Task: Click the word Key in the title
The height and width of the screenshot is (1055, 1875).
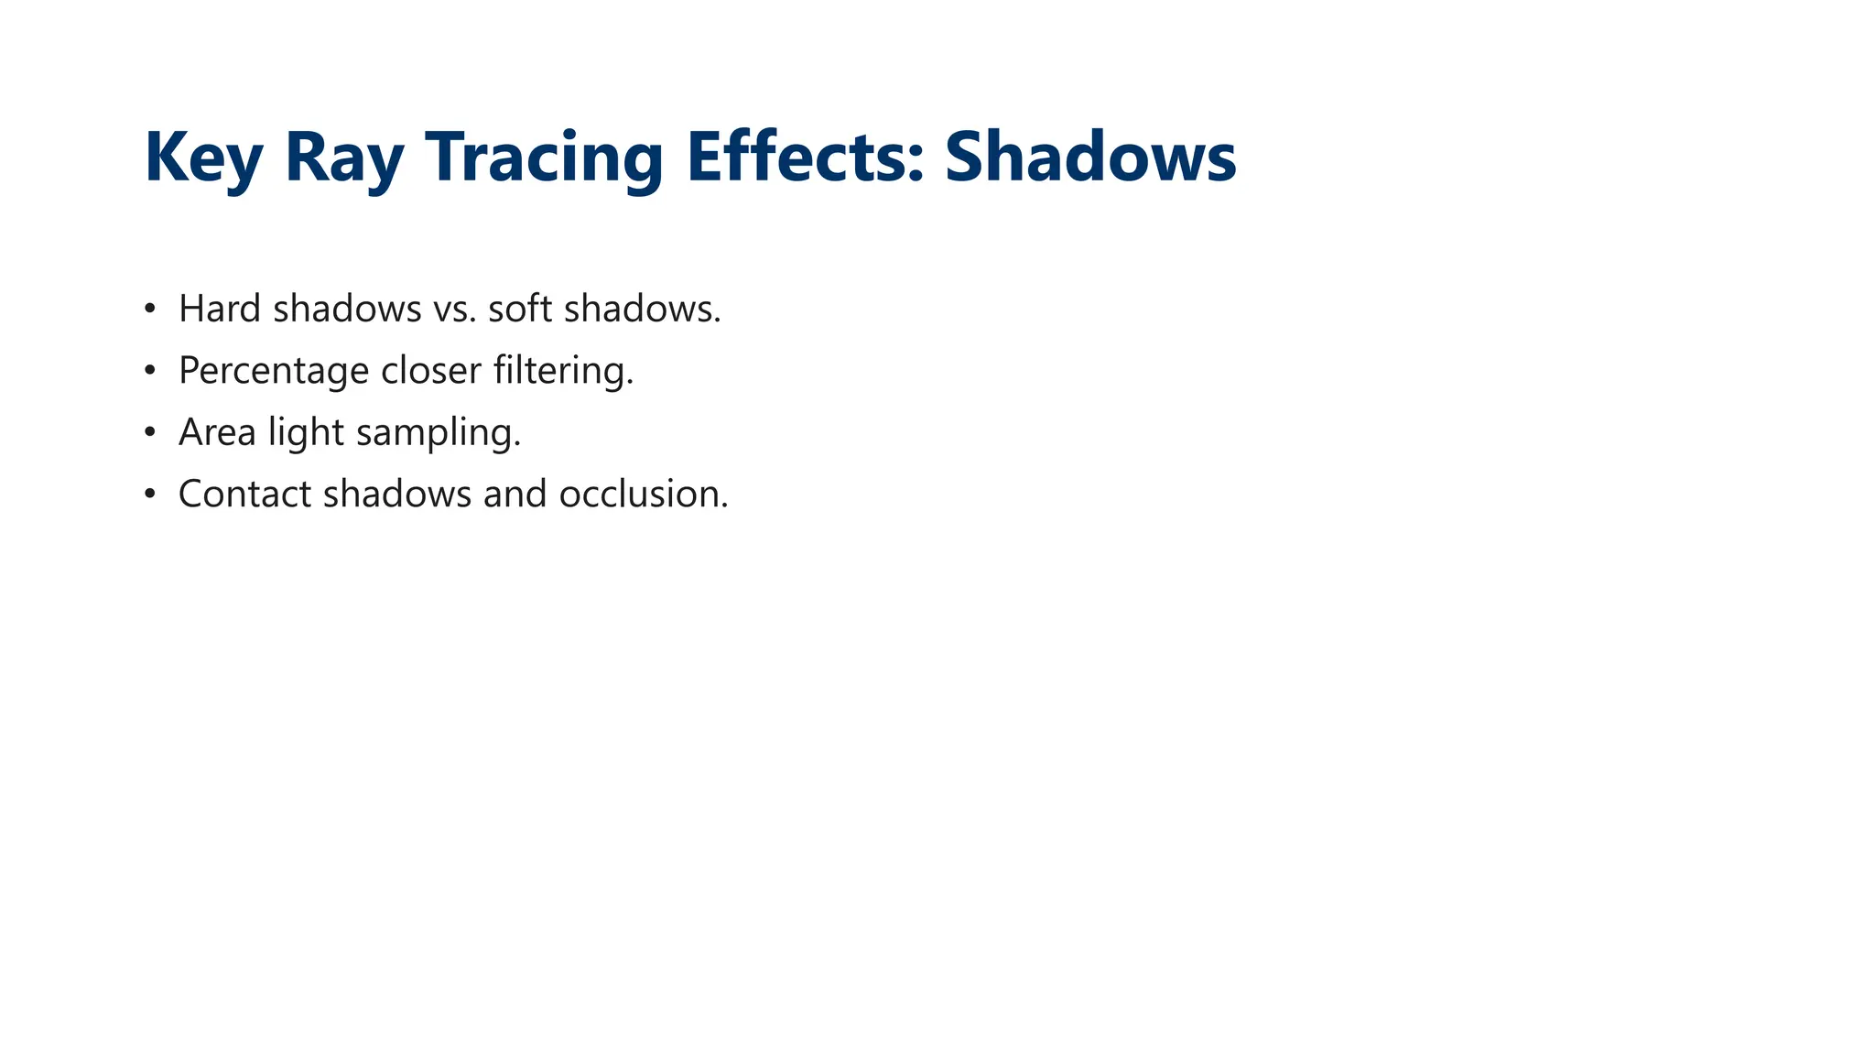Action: pos(203,158)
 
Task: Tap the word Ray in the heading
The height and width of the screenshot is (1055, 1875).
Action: pos(344,158)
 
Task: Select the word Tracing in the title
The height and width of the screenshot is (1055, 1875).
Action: pos(544,158)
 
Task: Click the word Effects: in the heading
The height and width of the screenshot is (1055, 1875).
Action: pos(806,158)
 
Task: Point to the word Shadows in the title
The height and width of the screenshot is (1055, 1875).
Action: pos(1089,158)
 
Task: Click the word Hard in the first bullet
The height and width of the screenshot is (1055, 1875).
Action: pos(220,309)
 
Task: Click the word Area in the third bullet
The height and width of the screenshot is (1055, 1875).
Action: pos(217,432)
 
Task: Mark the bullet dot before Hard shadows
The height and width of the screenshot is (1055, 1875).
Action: pos(150,310)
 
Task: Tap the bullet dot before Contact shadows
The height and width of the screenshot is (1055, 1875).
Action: pos(150,495)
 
